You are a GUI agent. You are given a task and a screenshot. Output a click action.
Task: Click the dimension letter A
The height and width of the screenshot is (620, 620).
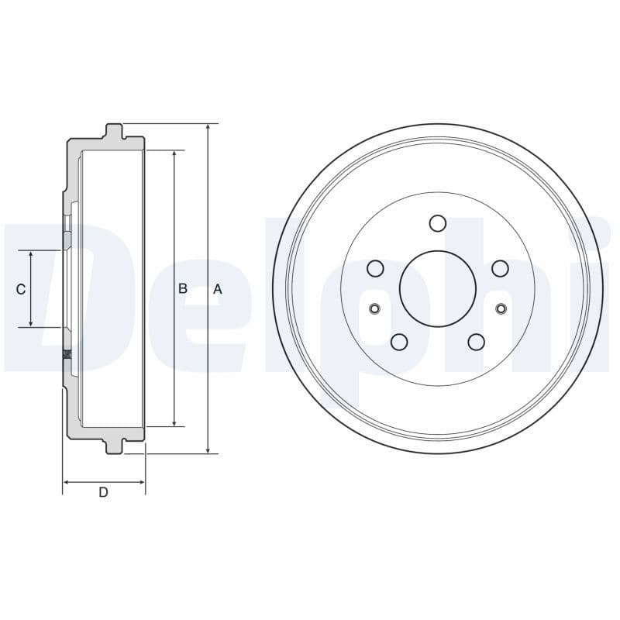pos(218,288)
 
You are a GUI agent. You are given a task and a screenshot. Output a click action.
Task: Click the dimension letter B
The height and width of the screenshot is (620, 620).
pos(183,288)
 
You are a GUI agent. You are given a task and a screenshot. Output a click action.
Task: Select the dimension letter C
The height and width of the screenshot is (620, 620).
pos(21,289)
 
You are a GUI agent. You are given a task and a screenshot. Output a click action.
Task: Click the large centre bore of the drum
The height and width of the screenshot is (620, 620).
pos(437,288)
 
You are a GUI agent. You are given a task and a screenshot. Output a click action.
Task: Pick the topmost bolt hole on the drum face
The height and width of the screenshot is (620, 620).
pos(438,223)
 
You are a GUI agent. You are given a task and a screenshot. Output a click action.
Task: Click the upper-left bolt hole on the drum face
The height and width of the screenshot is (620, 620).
pos(376,268)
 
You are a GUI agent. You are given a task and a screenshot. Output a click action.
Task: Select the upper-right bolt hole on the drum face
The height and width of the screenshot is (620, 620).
pos(500,268)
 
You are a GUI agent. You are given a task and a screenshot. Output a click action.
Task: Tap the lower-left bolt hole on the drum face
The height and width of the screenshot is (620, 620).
pos(399,341)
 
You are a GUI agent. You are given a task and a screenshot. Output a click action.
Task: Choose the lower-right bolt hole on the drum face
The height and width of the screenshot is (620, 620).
pos(476,341)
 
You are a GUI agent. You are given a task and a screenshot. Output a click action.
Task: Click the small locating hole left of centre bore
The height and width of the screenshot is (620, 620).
pos(375,309)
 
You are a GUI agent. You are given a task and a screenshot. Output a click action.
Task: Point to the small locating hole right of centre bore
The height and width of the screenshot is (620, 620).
pos(500,309)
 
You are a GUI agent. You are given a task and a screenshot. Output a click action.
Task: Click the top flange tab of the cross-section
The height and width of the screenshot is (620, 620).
pos(114,131)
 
